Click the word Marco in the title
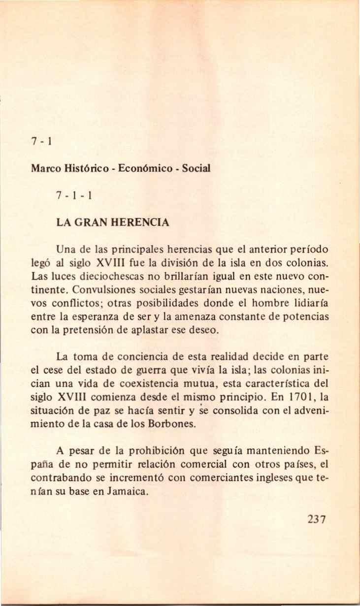point(45,167)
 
